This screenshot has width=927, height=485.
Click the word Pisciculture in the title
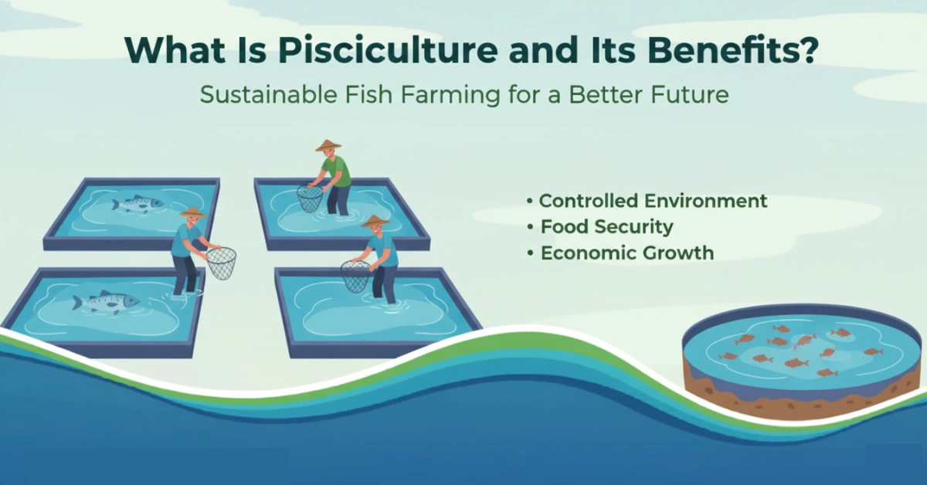pyautogui.click(x=388, y=50)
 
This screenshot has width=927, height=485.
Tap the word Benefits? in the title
pyautogui.click(x=733, y=50)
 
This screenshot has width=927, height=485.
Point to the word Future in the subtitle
pyautogui.click(x=690, y=94)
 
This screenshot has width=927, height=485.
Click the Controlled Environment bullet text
pyautogui.click(x=653, y=201)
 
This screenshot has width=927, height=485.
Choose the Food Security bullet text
pyautogui.click(x=606, y=227)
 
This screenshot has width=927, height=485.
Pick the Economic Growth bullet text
pyautogui.click(x=627, y=253)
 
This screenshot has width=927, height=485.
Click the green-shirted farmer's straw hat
pyautogui.click(x=328, y=145)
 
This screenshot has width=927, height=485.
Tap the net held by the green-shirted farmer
pyautogui.click(x=310, y=198)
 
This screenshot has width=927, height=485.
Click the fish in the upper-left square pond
pyautogui.click(x=138, y=204)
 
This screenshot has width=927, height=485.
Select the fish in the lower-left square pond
pyautogui.click(x=106, y=301)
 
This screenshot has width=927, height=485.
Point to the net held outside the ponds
pyautogui.click(x=222, y=263)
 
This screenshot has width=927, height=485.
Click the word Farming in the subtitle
pyautogui.click(x=450, y=95)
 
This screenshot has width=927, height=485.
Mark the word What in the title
pyautogui.click(x=175, y=50)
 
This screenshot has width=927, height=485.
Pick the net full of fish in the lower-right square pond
pyautogui.click(x=355, y=276)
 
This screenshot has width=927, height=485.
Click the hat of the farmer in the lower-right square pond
pyautogui.click(x=375, y=221)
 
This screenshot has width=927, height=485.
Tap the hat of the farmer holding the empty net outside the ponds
pyautogui.click(x=193, y=212)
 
